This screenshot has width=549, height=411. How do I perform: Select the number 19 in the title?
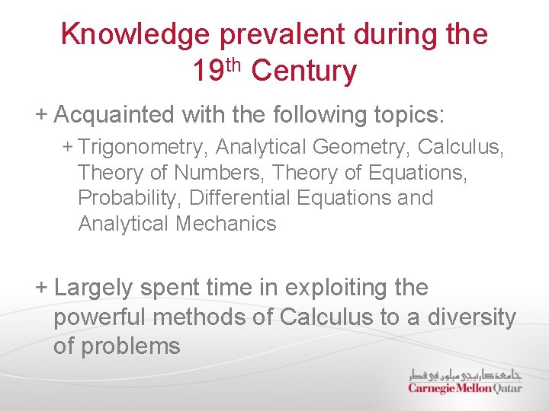point(207,72)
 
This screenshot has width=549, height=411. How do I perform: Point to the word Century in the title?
point(303,72)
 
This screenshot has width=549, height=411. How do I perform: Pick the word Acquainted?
point(115,115)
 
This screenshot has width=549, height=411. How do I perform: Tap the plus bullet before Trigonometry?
point(68,145)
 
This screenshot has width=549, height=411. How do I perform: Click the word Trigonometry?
point(143,146)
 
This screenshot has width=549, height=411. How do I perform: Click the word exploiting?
point(336,288)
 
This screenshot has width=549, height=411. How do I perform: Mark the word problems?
point(130,346)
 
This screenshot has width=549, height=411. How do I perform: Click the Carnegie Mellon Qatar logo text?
point(464,387)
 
